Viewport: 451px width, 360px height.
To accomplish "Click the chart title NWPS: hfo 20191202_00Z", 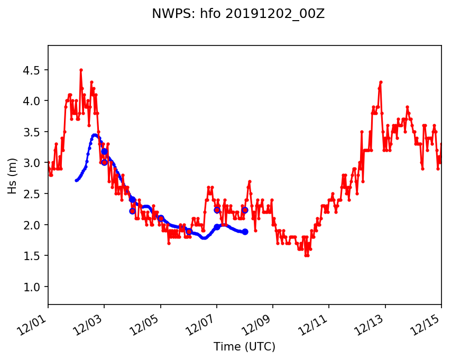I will point(238,14).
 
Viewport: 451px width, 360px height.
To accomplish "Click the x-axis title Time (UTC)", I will point(244,347).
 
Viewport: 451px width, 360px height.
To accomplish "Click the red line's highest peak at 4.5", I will point(81,70).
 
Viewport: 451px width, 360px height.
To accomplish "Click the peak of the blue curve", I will point(94,135).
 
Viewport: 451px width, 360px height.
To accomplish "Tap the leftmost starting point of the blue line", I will point(76,181).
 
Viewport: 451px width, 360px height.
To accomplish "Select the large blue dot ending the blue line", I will point(245,232).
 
